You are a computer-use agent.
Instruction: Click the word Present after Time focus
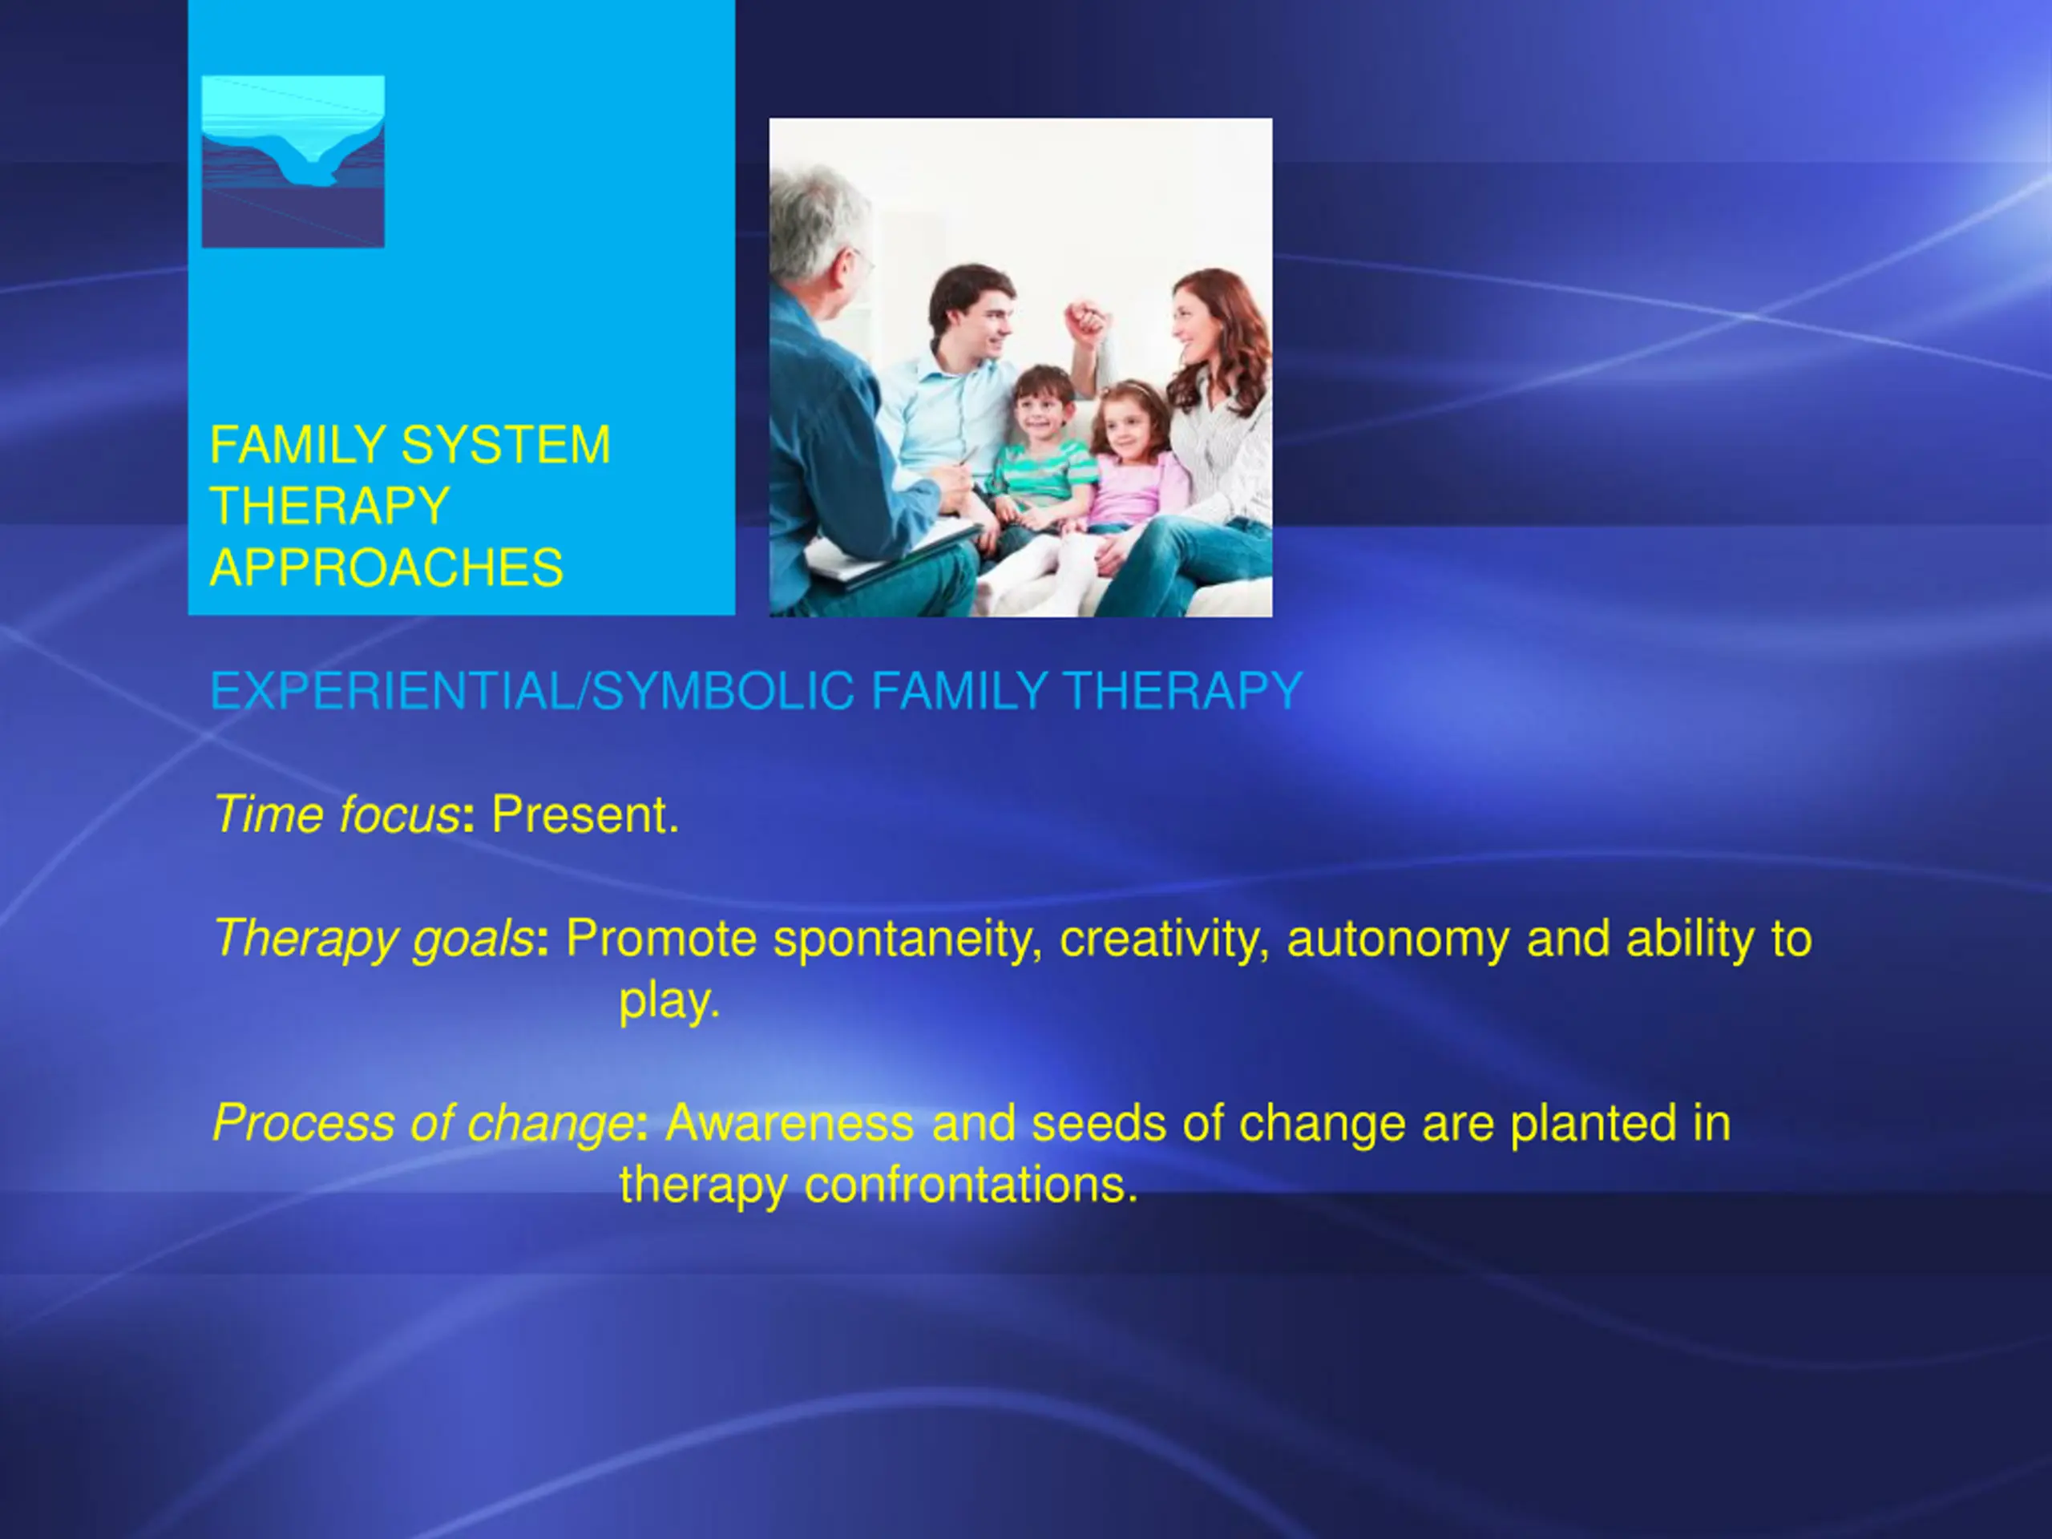tap(584, 814)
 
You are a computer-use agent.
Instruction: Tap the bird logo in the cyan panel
tap(293, 161)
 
